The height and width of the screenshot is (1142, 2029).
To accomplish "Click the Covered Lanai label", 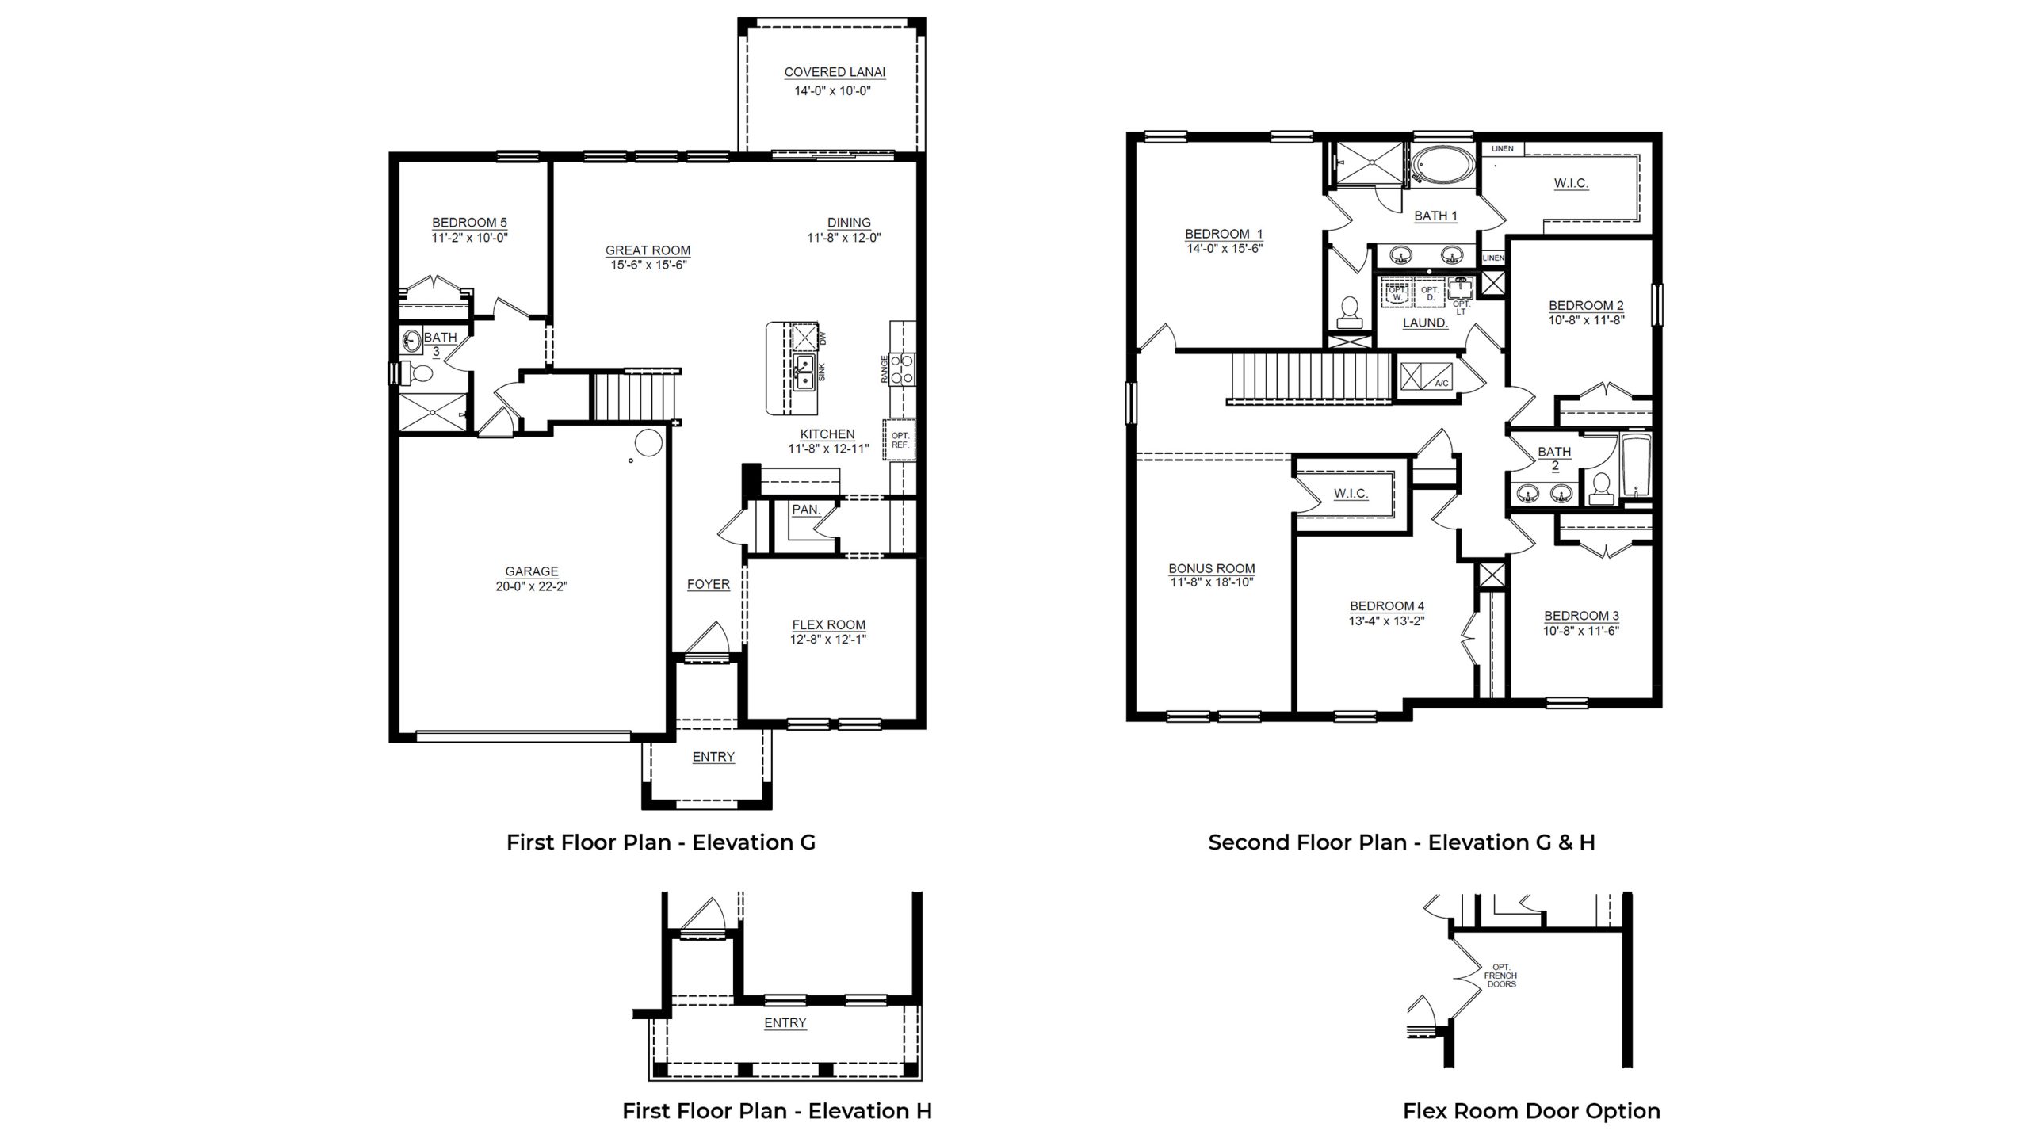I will pyautogui.click(x=835, y=72).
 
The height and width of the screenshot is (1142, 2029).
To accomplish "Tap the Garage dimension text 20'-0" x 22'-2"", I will pyautogui.click(x=531, y=586).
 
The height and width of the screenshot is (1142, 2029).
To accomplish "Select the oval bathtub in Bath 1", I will pyautogui.click(x=1443, y=167).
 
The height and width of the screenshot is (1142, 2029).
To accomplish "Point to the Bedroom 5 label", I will pyautogui.click(x=469, y=223).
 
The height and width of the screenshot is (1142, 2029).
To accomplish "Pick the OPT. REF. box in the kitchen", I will pyautogui.click(x=900, y=440).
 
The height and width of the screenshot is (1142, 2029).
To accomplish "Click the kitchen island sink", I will pyautogui.click(x=804, y=372).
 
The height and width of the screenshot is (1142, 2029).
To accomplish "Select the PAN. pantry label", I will pyautogui.click(x=806, y=510).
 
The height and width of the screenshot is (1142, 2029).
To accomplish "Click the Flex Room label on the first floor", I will pyautogui.click(x=828, y=624).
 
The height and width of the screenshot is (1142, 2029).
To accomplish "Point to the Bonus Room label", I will pyautogui.click(x=1211, y=568).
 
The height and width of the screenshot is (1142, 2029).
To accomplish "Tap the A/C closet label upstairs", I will pyautogui.click(x=1442, y=384).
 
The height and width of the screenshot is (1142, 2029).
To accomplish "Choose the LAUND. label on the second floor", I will pyautogui.click(x=1425, y=323).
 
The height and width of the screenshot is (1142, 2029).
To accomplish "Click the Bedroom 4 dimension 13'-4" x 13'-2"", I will pyautogui.click(x=1386, y=621).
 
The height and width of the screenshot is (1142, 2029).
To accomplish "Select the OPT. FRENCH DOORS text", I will pyautogui.click(x=1500, y=975).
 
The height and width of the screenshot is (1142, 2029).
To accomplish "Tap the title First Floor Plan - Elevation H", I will pyautogui.click(x=777, y=1111).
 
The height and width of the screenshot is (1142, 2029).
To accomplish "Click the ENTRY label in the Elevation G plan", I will pyautogui.click(x=713, y=757).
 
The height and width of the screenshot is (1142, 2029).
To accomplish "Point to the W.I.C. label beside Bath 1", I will pyautogui.click(x=1570, y=183).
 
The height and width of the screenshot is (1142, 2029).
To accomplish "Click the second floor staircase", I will pyautogui.click(x=1311, y=378).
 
